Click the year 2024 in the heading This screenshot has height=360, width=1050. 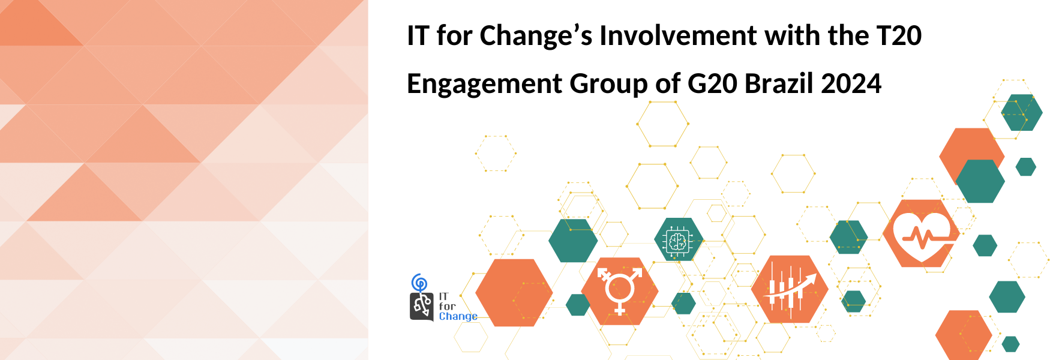tap(851, 84)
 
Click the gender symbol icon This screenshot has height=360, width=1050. tap(620, 291)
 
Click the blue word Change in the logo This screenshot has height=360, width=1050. tap(458, 317)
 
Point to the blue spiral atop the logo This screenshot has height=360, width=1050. tap(419, 282)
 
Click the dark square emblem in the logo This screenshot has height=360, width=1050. tap(422, 307)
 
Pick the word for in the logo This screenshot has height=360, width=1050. tap(447, 306)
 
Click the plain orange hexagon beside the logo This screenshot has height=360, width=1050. tap(514, 293)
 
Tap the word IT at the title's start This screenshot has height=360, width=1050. tap(418, 36)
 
